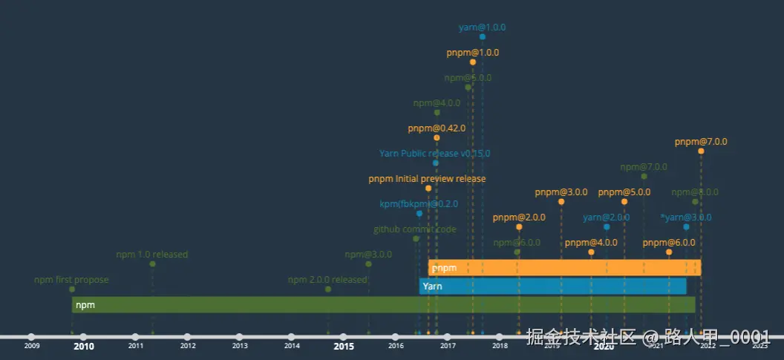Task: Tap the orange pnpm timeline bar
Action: pos(564,267)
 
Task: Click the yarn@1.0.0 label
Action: pos(482,27)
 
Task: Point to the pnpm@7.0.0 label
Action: pos(701,141)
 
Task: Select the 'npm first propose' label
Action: pos(71,280)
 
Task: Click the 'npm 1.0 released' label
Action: pos(152,255)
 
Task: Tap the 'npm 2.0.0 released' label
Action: pos(327,280)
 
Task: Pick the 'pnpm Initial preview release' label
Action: pos(427,179)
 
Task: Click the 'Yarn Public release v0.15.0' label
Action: pos(434,154)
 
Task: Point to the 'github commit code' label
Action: pos(415,229)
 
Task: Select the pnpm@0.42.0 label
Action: pos(437,128)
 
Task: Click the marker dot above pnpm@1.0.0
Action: pos(473,62)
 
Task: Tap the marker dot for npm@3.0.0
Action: pos(368,264)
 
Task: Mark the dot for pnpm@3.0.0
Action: pos(561,202)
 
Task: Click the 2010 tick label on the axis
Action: pos(83,346)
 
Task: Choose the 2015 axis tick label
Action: pos(344,346)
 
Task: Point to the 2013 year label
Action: pos(240,346)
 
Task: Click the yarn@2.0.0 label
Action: pos(607,217)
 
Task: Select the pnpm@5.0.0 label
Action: pos(624,192)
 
